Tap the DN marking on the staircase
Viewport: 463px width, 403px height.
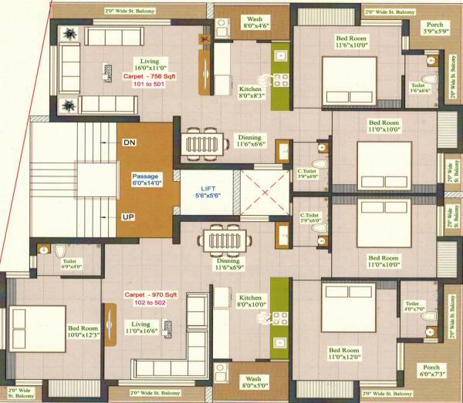[x=129, y=143]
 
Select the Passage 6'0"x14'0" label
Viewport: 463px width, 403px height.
[x=146, y=180]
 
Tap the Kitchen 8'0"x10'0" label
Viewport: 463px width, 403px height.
[x=252, y=301]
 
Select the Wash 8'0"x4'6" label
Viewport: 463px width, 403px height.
[x=254, y=23]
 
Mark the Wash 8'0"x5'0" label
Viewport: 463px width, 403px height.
[x=253, y=383]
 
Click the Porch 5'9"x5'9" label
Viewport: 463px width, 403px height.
[x=433, y=29]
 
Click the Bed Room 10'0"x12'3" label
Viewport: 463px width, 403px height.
[x=83, y=331]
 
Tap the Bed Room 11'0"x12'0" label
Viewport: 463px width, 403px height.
[x=343, y=354]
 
